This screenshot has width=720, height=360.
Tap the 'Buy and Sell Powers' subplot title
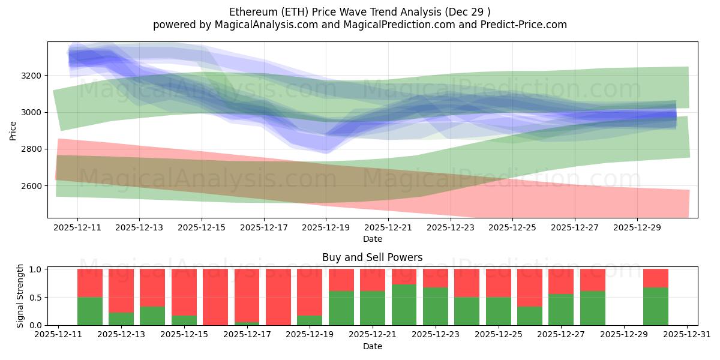click(372, 257)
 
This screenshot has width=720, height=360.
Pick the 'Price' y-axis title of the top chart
click(13, 130)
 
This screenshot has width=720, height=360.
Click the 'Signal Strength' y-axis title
click(20, 296)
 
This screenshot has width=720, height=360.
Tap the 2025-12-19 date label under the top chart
click(326, 228)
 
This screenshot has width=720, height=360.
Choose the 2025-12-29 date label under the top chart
click(637, 228)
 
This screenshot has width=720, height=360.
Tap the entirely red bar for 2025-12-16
click(215, 297)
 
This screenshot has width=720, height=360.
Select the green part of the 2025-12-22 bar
click(404, 305)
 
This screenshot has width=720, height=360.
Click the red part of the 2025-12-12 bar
click(90, 283)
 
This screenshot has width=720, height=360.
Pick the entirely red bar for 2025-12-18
click(278, 297)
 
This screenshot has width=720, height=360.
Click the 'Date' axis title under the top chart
click(372, 239)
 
